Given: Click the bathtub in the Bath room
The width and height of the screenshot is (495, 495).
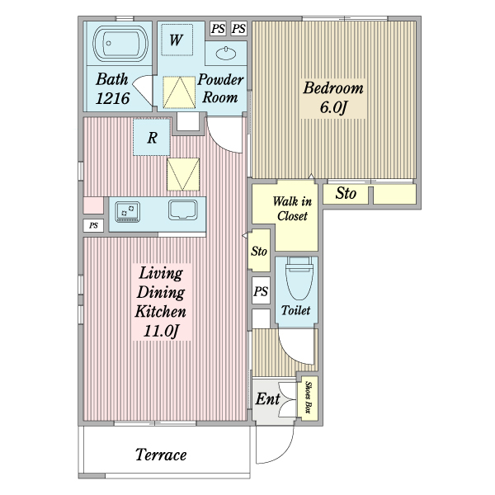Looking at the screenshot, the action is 120,44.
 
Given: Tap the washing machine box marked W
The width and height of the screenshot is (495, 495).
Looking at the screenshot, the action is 177,40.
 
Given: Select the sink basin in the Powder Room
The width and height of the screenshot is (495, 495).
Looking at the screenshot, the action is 226,53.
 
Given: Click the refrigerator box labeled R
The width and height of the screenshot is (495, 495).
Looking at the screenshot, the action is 152,137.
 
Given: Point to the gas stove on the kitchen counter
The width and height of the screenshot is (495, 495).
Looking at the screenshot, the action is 128,211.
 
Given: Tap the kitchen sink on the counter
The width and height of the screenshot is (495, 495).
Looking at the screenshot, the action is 183,210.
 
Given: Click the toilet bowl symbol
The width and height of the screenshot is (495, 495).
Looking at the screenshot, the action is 299,278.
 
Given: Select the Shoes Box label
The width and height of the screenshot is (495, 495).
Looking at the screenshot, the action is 308,398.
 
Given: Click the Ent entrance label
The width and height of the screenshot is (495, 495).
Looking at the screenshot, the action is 267,398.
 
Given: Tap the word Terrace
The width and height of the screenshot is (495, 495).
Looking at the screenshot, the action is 161,455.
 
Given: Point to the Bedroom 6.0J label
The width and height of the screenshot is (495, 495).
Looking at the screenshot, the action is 333,97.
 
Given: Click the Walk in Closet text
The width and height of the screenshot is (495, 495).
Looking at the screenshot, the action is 292,209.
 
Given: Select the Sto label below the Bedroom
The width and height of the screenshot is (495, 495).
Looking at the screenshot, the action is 346,193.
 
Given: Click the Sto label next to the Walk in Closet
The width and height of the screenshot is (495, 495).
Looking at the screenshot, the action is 259,252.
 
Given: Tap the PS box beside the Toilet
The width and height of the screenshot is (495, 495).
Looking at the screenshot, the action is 261,290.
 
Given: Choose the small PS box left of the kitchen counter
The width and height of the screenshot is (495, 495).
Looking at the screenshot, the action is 93,225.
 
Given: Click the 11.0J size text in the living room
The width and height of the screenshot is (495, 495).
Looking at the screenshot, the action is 162,331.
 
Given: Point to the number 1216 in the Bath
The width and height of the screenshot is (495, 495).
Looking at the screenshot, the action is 112,98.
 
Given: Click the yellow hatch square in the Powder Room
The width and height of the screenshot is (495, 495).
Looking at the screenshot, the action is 179,92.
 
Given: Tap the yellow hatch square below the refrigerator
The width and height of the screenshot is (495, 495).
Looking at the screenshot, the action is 183,174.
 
